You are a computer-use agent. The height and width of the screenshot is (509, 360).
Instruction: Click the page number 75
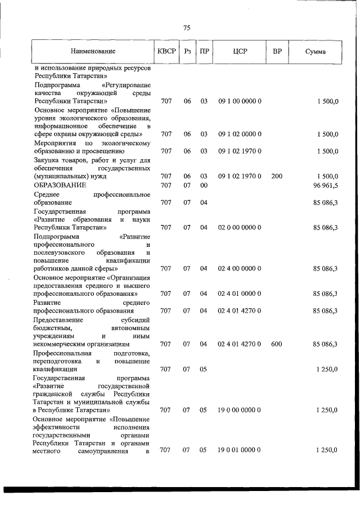click(187, 28)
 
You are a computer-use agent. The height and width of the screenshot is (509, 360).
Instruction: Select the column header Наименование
click(93, 52)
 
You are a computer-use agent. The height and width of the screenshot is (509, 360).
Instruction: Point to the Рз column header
click(187, 52)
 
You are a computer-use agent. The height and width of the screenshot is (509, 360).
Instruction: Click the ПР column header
click(205, 52)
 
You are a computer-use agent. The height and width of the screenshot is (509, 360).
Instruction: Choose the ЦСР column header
click(240, 52)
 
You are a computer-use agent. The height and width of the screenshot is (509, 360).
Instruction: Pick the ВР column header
click(277, 52)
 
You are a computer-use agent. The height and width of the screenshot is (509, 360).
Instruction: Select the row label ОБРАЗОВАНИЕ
click(60, 185)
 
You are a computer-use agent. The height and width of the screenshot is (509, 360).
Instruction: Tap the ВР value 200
click(276, 177)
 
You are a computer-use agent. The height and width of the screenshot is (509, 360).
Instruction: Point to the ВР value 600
click(276, 344)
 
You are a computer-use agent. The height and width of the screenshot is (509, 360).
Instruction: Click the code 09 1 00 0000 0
click(239, 101)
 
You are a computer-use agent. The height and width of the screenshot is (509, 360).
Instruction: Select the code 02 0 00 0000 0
click(239, 227)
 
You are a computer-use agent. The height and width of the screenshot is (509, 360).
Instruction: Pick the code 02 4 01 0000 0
click(239, 294)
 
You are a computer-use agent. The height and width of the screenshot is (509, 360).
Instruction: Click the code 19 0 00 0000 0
click(239, 410)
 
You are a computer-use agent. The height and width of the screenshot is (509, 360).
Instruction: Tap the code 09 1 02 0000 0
click(239, 134)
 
